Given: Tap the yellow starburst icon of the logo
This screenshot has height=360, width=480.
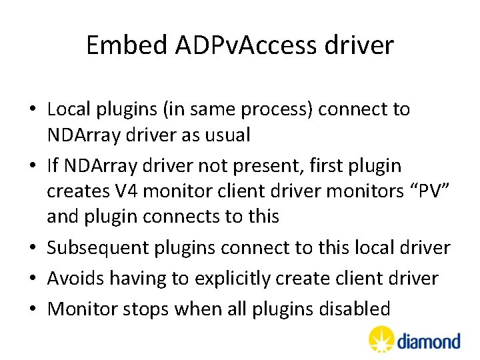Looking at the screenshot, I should (381, 339).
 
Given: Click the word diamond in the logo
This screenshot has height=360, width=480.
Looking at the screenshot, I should (429, 342).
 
